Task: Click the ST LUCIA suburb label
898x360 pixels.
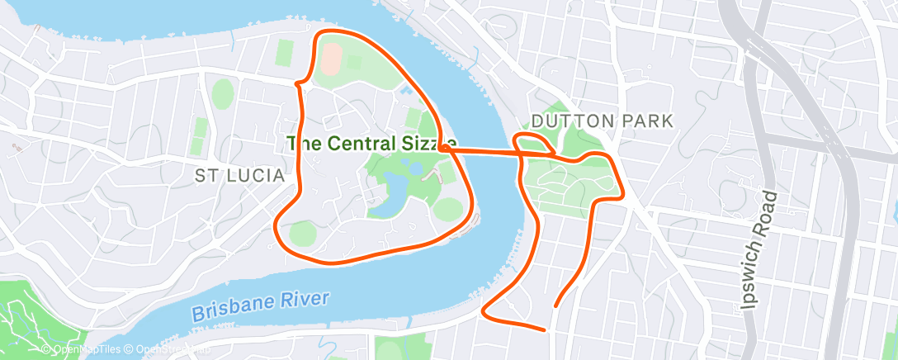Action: pos(239,176)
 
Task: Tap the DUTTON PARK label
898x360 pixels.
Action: pos(603,121)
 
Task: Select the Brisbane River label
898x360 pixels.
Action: pos(260,305)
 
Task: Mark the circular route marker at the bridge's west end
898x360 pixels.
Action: pos(445,148)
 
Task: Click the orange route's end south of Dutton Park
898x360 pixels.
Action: pos(545,329)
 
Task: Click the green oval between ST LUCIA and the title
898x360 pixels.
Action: pos(223,92)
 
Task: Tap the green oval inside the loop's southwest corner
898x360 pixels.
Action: pos(302,234)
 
